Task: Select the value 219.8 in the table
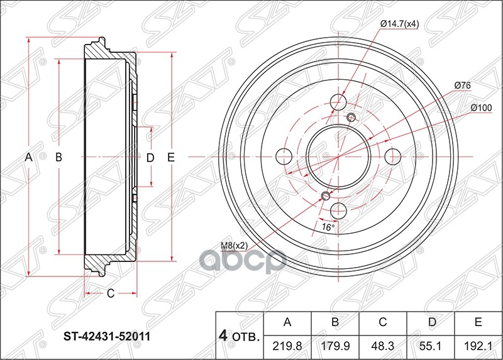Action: click(287, 346)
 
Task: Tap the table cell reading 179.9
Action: click(335, 346)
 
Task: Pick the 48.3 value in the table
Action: click(382, 346)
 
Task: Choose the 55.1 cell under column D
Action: click(430, 346)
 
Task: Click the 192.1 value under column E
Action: click(478, 346)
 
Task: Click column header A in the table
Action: click(287, 323)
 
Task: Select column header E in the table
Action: click(478, 323)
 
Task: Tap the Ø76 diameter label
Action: click(463, 85)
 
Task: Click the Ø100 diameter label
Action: click(481, 107)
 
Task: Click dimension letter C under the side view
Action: click(109, 293)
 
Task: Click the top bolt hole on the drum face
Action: click(339, 102)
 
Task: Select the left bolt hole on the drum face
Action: click(284, 156)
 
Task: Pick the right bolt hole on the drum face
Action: click(394, 156)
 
